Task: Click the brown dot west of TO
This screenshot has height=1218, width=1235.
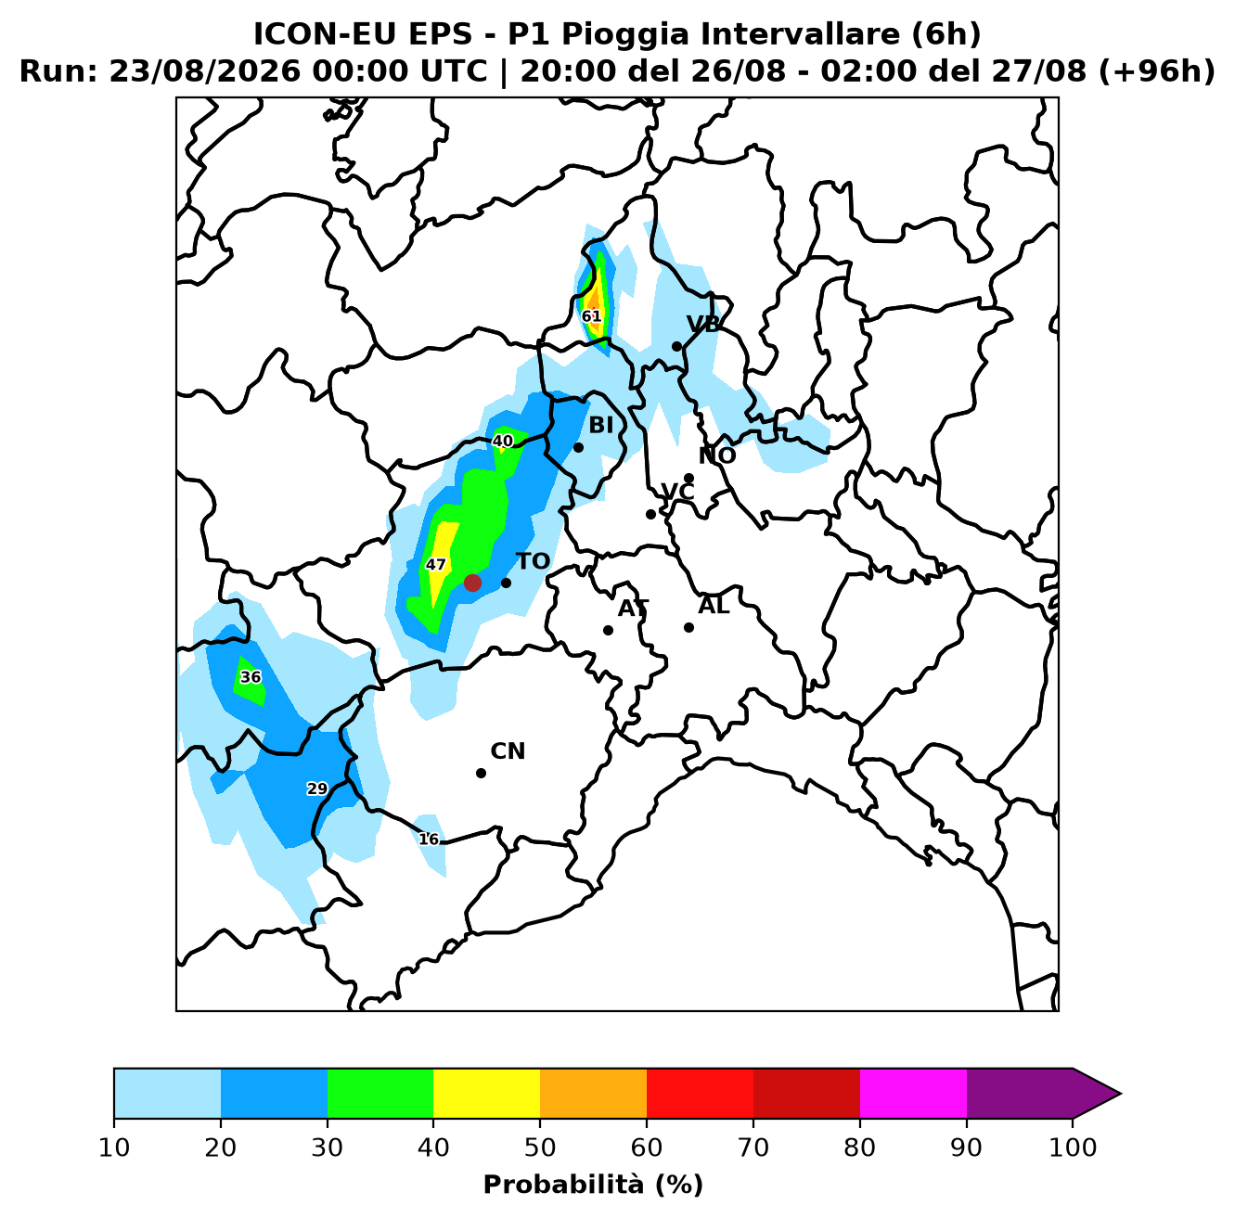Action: point(472,583)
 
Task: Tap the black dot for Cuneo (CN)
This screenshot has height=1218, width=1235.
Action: point(481,773)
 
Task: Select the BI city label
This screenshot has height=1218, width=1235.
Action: point(601,425)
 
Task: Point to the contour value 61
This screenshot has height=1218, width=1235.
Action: point(592,316)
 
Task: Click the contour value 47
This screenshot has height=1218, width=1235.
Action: point(436,565)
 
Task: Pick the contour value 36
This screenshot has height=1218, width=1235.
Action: point(251,677)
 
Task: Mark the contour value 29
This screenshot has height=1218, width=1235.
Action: point(317,789)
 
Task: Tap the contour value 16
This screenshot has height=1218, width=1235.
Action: point(429,840)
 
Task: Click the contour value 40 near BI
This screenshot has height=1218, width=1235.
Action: point(503,441)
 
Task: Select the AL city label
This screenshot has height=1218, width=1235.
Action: point(714,606)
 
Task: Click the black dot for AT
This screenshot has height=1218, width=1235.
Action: point(608,630)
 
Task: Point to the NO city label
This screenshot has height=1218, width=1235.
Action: point(717,455)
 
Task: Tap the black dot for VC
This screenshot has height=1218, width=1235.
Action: point(650,514)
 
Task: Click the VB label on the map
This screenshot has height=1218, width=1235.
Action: point(703,325)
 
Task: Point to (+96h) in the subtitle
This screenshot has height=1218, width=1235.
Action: point(1156,71)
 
